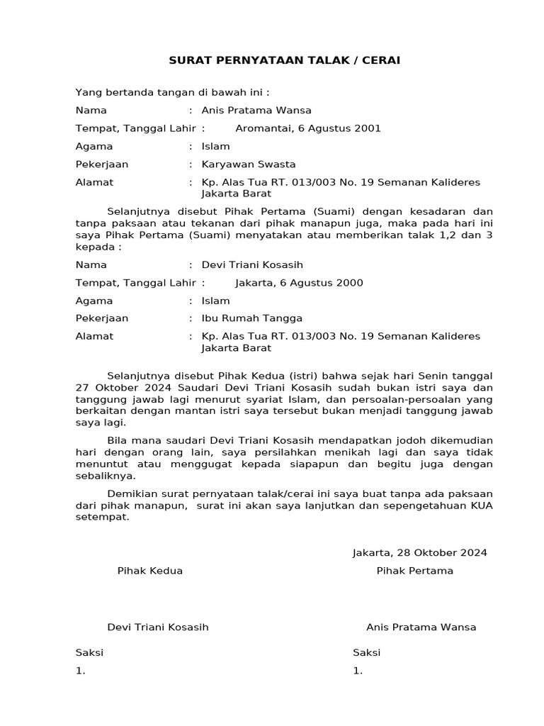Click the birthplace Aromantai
click(263, 128)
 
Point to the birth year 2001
click(368, 128)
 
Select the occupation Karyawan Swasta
click(249, 164)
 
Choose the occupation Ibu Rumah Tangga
click(252, 318)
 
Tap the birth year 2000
click(350, 283)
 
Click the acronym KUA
click(479, 506)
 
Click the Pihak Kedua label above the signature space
click(150, 571)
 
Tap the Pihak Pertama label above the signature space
click(415, 571)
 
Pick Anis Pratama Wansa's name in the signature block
click(421, 627)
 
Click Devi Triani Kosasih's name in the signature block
click(158, 627)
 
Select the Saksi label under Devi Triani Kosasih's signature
click(89, 653)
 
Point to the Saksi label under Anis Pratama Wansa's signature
click(366, 653)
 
